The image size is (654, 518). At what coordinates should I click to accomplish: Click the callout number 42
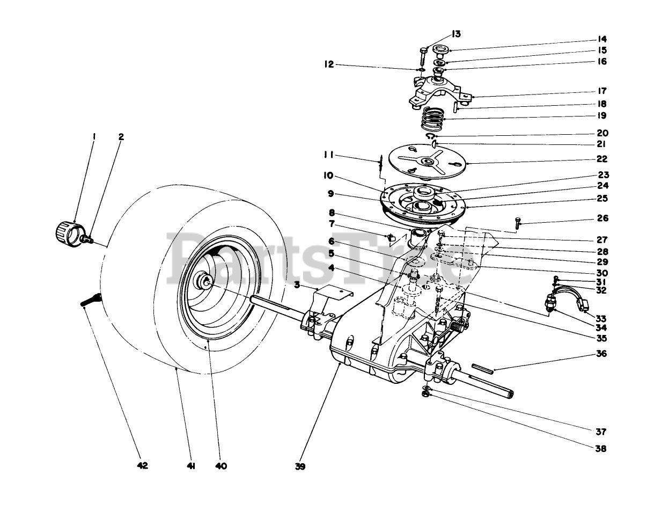coord(142,466)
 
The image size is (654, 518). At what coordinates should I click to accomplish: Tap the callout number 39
coord(300,466)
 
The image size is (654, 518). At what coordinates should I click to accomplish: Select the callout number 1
coord(94,137)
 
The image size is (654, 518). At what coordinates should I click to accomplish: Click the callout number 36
coord(601,354)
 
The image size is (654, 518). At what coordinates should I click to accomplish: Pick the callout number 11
coord(329,155)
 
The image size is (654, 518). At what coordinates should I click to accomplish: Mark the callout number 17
coord(601,91)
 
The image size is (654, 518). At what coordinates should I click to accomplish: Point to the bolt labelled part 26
coord(517,223)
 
